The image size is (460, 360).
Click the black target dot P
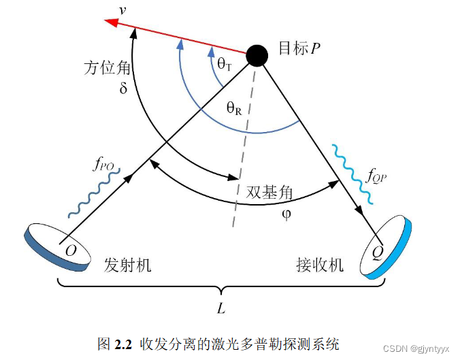tap(257, 54)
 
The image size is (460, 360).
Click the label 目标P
tap(299, 49)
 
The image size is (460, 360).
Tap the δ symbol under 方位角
tap(123, 88)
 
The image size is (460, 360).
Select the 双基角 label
tap(270, 193)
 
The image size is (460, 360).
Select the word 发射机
tap(128, 265)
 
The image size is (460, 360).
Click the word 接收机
tap(321, 265)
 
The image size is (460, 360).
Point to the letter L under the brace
tap(220, 308)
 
